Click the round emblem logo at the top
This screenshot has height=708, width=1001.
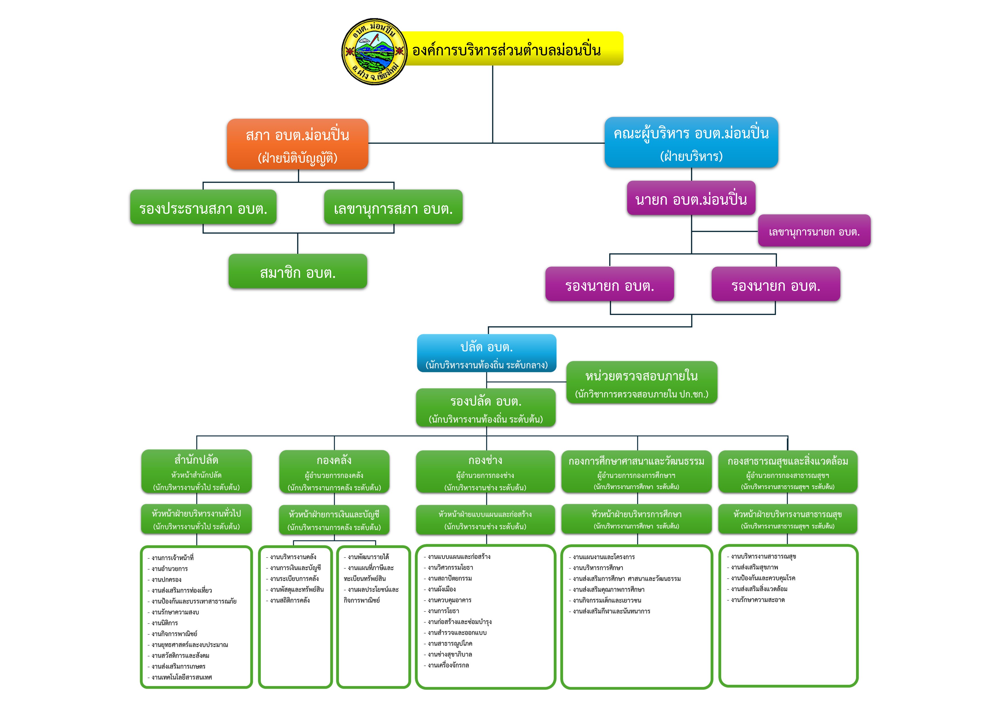pyautogui.click(x=374, y=51)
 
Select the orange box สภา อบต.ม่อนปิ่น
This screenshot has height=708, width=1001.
pyautogui.click(x=298, y=144)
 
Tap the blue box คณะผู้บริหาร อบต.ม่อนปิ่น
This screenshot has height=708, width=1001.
pyautogui.click(x=691, y=142)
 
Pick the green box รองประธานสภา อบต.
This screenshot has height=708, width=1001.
pyautogui.click(x=203, y=207)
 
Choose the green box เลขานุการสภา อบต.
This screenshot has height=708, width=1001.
pyautogui.click(x=393, y=207)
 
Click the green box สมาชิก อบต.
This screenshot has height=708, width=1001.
pyautogui.click(x=298, y=271)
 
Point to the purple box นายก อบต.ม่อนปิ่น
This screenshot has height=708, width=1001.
pyautogui.click(x=691, y=198)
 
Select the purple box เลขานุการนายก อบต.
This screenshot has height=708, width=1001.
pyautogui.click(x=814, y=231)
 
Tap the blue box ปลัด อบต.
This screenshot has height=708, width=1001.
pyautogui.click(x=487, y=353)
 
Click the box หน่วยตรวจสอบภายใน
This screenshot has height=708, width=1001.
pyautogui.click(x=642, y=382)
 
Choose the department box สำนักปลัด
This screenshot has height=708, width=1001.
pyautogui.click(x=197, y=472)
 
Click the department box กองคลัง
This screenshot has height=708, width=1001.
pyautogui.click(x=334, y=472)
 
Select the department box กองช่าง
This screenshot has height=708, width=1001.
pyautogui.click(x=485, y=472)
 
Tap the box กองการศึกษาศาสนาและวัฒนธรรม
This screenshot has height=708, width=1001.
pyautogui.click(x=637, y=472)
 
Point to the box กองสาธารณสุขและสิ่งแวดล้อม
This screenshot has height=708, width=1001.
pyautogui.click(x=788, y=472)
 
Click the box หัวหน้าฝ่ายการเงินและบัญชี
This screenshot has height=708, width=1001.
pyautogui.click(x=334, y=520)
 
